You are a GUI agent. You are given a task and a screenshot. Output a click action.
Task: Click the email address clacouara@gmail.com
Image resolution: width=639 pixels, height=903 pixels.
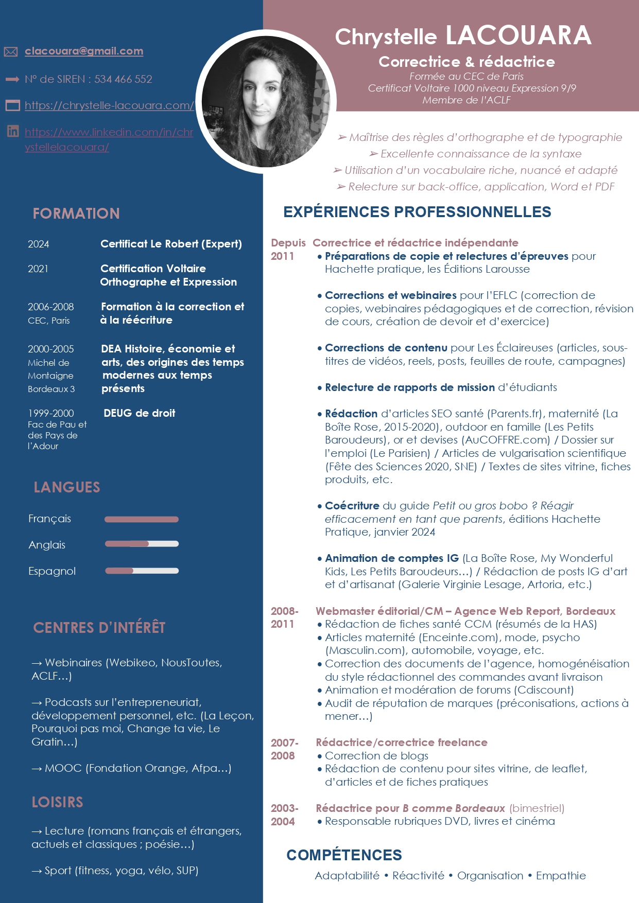coord(84,51)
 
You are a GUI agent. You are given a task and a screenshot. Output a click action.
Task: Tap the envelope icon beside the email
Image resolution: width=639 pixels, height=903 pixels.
coord(11,51)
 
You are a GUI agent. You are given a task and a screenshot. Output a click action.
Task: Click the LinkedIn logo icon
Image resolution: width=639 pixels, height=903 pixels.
coord(13,131)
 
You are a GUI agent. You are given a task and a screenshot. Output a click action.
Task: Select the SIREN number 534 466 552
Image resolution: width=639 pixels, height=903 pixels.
coord(123,79)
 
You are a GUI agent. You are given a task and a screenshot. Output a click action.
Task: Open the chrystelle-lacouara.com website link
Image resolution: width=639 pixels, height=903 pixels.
coord(109,105)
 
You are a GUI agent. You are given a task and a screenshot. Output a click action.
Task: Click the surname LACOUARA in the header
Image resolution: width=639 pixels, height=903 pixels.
coord(518,36)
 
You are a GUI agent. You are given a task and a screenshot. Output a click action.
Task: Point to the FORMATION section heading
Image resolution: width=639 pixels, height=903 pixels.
coord(76,214)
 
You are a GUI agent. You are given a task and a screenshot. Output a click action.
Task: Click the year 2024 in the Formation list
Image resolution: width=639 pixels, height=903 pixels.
coord(39,244)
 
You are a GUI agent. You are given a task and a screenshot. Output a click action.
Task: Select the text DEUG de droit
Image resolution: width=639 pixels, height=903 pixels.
coord(140,413)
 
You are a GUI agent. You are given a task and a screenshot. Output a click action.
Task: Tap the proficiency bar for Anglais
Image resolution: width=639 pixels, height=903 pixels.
coord(142,544)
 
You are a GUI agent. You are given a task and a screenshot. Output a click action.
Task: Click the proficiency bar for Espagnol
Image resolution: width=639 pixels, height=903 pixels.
coord(142,571)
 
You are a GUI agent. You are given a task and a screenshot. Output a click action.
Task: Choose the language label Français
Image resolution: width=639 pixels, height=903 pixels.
coord(50,519)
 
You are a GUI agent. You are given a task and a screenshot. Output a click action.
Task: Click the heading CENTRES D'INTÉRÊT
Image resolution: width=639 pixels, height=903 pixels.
coord(99,628)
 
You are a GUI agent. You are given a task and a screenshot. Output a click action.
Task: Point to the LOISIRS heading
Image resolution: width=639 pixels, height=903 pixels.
coord(57,802)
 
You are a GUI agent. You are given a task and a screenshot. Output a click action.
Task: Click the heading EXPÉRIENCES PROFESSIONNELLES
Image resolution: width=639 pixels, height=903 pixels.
coord(417,212)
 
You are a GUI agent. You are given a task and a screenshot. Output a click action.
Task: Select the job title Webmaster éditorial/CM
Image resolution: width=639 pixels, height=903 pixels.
coord(379,611)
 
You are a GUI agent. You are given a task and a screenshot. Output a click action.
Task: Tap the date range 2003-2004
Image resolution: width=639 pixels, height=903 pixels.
coord(284,815)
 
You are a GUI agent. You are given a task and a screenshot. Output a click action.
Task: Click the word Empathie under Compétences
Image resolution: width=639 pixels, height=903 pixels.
coord(561,876)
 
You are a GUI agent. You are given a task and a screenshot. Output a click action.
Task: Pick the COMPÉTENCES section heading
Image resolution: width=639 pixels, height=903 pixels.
coord(344,855)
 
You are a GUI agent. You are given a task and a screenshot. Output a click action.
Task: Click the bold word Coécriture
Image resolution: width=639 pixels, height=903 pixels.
coord(352,506)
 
